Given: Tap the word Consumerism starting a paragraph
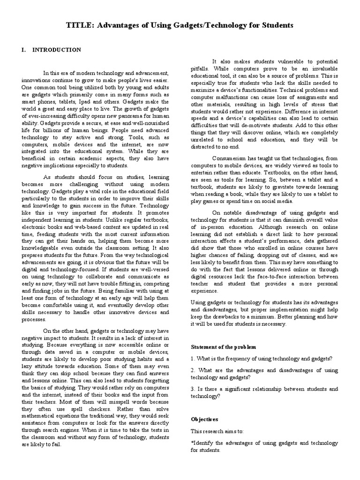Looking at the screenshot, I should pyautogui.click(x=231, y=158).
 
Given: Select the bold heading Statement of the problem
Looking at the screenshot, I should pyautogui.click(x=224, y=347).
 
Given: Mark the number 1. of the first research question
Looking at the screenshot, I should pyautogui.click(x=193, y=359).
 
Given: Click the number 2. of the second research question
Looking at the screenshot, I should pyautogui.click(x=193, y=370).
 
